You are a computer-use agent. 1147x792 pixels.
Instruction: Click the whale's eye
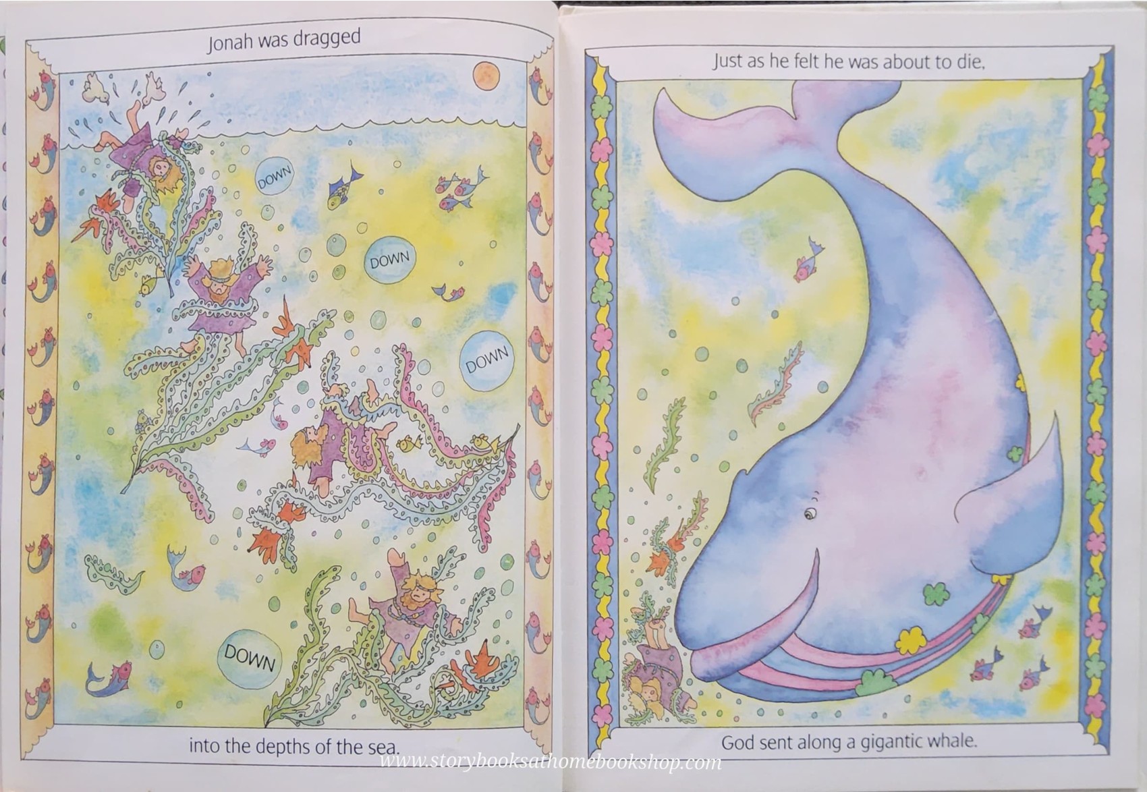click(810, 515)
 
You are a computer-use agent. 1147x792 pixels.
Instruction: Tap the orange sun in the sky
click(484, 76)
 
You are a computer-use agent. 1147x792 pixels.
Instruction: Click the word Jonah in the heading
click(229, 43)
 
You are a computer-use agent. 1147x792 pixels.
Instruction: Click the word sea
click(384, 747)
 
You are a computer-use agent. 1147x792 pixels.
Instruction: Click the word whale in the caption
click(952, 741)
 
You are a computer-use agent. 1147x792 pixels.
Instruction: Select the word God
click(737, 743)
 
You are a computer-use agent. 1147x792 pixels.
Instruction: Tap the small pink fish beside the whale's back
click(808, 262)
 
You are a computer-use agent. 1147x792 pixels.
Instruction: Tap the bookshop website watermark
click(550, 762)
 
